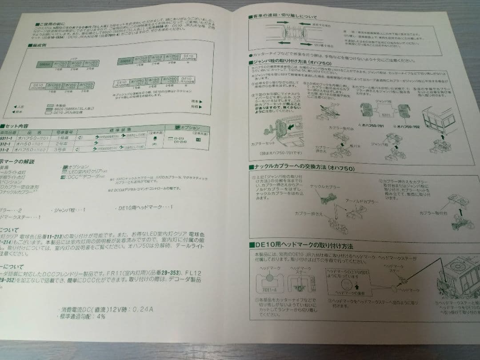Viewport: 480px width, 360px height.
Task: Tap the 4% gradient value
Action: pos(100,317)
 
